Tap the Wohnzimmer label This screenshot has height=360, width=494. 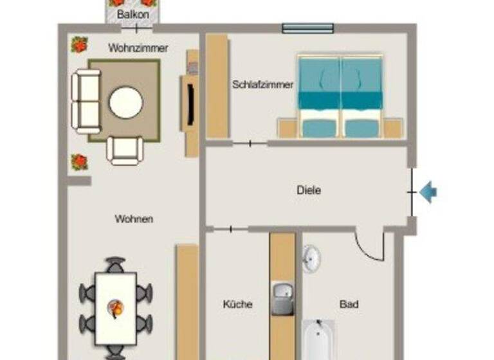click(138, 48)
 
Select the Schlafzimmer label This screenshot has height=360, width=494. click(262, 84)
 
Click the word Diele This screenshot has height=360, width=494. click(309, 190)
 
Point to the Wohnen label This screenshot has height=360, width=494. click(134, 219)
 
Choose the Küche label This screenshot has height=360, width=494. click(237, 304)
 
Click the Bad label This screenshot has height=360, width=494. click(349, 304)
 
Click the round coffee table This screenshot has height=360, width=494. click(126, 103)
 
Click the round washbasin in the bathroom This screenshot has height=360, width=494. click(311, 258)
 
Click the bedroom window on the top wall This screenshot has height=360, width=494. click(308, 28)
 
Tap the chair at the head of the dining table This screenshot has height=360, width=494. click(116, 264)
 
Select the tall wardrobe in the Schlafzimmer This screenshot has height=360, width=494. click(217, 86)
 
